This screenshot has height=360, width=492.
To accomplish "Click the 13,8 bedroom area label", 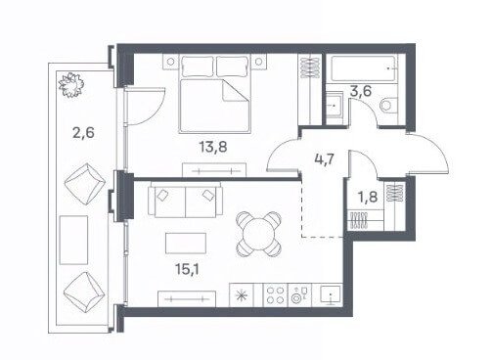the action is pyautogui.click(x=213, y=147).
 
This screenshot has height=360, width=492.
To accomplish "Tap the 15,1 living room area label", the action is pyautogui.click(x=187, y=269).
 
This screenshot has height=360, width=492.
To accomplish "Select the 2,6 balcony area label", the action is pyautogui.click(x=83, y=133).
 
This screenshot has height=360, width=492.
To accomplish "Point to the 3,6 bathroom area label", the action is pyautogui.click(x=360, y=91).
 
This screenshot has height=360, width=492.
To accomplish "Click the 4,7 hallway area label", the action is pyautogui.click(x=325, y=160).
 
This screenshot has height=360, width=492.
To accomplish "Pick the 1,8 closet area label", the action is pyautogui.click(x=368, y=197).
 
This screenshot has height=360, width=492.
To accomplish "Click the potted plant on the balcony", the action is pyautogui.click(x=70, y=85).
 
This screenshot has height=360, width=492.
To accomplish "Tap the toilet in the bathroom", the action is pyautogui.click(x=389, y=105).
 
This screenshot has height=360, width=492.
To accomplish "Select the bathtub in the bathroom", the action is pyautogui.click(x=364, y=68).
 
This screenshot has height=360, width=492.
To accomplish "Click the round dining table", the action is pyautogui.click(x=258, y=234).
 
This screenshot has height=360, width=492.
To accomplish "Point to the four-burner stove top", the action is pyautogui.click(x=275, y=295).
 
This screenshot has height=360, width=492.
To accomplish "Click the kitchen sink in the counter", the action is pyautogui.click(x=330, y=295).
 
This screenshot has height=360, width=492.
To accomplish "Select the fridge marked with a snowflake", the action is pyautogui.click(x=242, y=295).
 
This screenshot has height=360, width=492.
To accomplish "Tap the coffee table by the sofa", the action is pyautogui.click(x=186, y=244).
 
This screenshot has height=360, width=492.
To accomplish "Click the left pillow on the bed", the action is pyautogui.click(x=198, y=67).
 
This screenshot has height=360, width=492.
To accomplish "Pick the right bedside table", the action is pyautogui.click(x=258, y=62).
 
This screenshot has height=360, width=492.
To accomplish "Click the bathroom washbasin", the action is pyautogui.click(x=335, y=105).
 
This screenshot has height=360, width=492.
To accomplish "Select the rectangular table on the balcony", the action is pyautogui.click(x=73, y=240).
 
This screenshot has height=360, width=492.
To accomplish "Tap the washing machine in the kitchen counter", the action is pyautogui.click(x=299, y=295).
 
